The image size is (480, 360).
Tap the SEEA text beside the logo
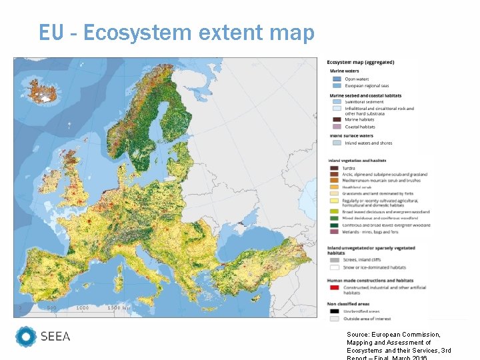[x=55, y=337]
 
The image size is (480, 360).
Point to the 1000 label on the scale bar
[x=82, y=308]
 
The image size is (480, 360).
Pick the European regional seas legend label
[x=367, y=86]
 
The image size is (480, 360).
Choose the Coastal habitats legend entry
[x=359, y=127]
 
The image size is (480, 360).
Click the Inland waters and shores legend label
[x=368, y=143]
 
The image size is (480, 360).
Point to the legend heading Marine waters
[x=344, y=71]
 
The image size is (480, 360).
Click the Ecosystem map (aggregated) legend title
[x=360, y=62]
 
